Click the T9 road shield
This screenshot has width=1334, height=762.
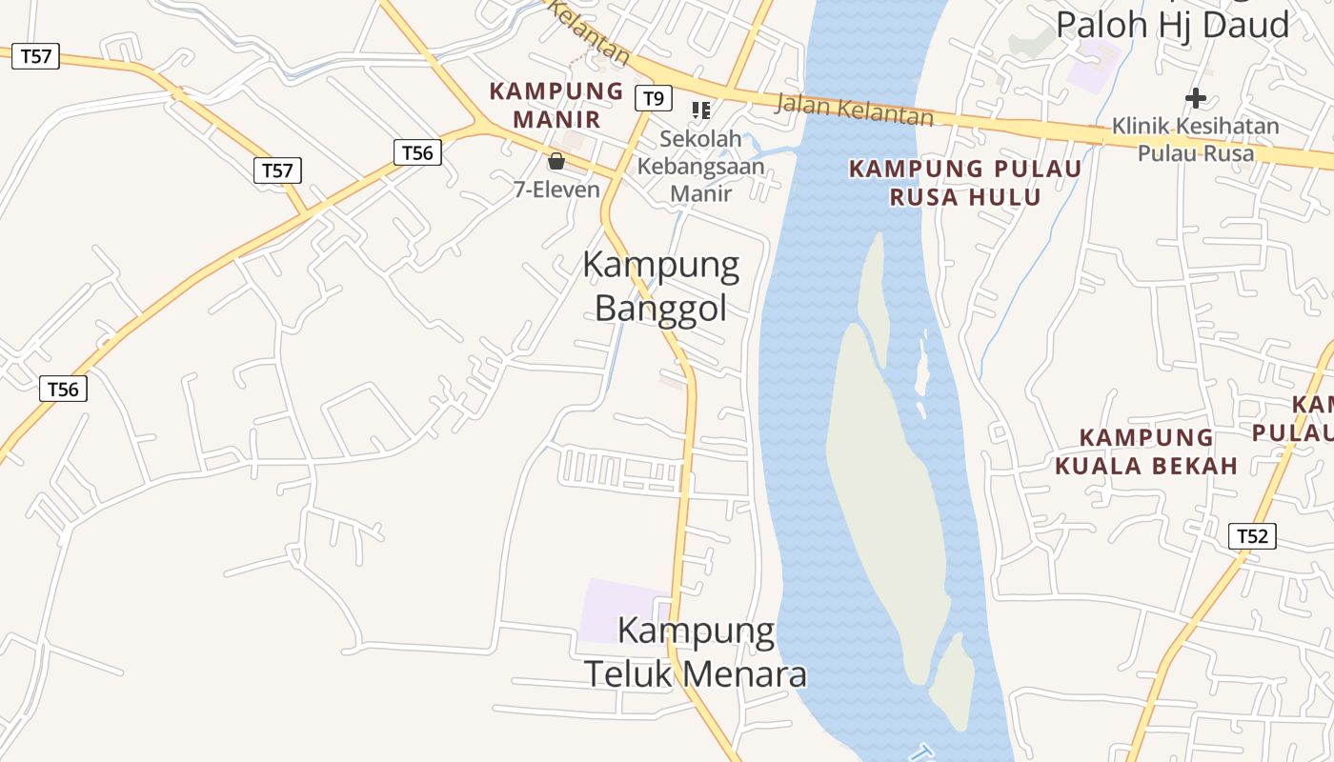653,98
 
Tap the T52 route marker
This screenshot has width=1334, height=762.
1252,536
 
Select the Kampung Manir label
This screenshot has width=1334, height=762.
556,105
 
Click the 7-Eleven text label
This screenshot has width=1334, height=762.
556,190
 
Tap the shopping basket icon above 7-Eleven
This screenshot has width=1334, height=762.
556,161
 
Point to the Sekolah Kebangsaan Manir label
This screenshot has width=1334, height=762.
700,166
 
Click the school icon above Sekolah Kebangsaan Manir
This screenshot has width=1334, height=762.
701,110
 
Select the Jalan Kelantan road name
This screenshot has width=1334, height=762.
854,109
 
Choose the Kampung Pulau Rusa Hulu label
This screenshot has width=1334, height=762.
965,183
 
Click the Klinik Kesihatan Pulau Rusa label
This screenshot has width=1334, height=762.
1196,139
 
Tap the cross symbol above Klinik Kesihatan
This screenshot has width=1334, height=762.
1196,97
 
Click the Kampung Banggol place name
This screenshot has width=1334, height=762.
660,286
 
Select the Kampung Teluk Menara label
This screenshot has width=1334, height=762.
696,652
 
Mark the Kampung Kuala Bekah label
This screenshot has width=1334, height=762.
1145,451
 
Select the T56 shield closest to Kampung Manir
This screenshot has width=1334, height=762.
417,152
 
